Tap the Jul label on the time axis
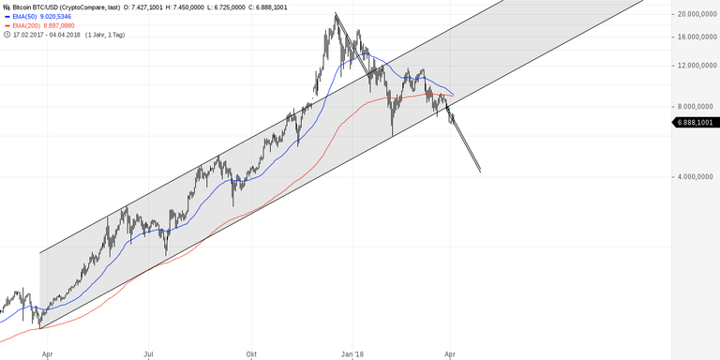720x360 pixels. (x=147, y=355)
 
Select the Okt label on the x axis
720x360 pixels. (x=250, y=355)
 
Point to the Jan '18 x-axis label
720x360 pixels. (x=352, y=355)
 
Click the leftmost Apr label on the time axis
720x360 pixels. (x=46, y=355)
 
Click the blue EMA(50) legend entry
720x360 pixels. (x=37, y=16)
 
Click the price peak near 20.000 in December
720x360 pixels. (x=335, y=14)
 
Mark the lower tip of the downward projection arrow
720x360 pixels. (x=480, y=172)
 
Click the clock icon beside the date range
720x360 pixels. (x=7, y=35)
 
